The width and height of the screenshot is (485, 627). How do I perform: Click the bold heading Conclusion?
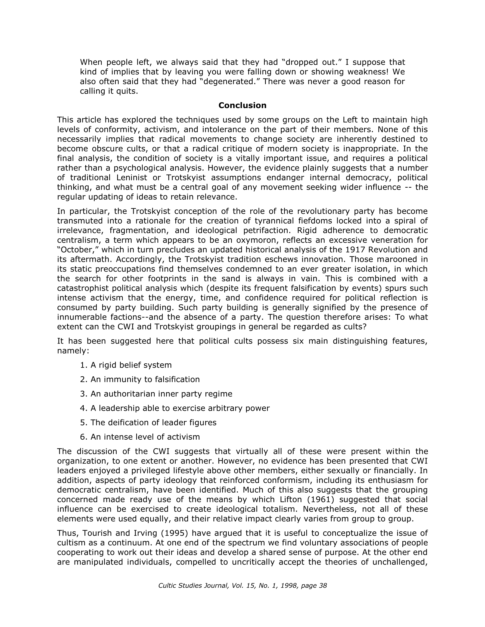click(x=242, y=105)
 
